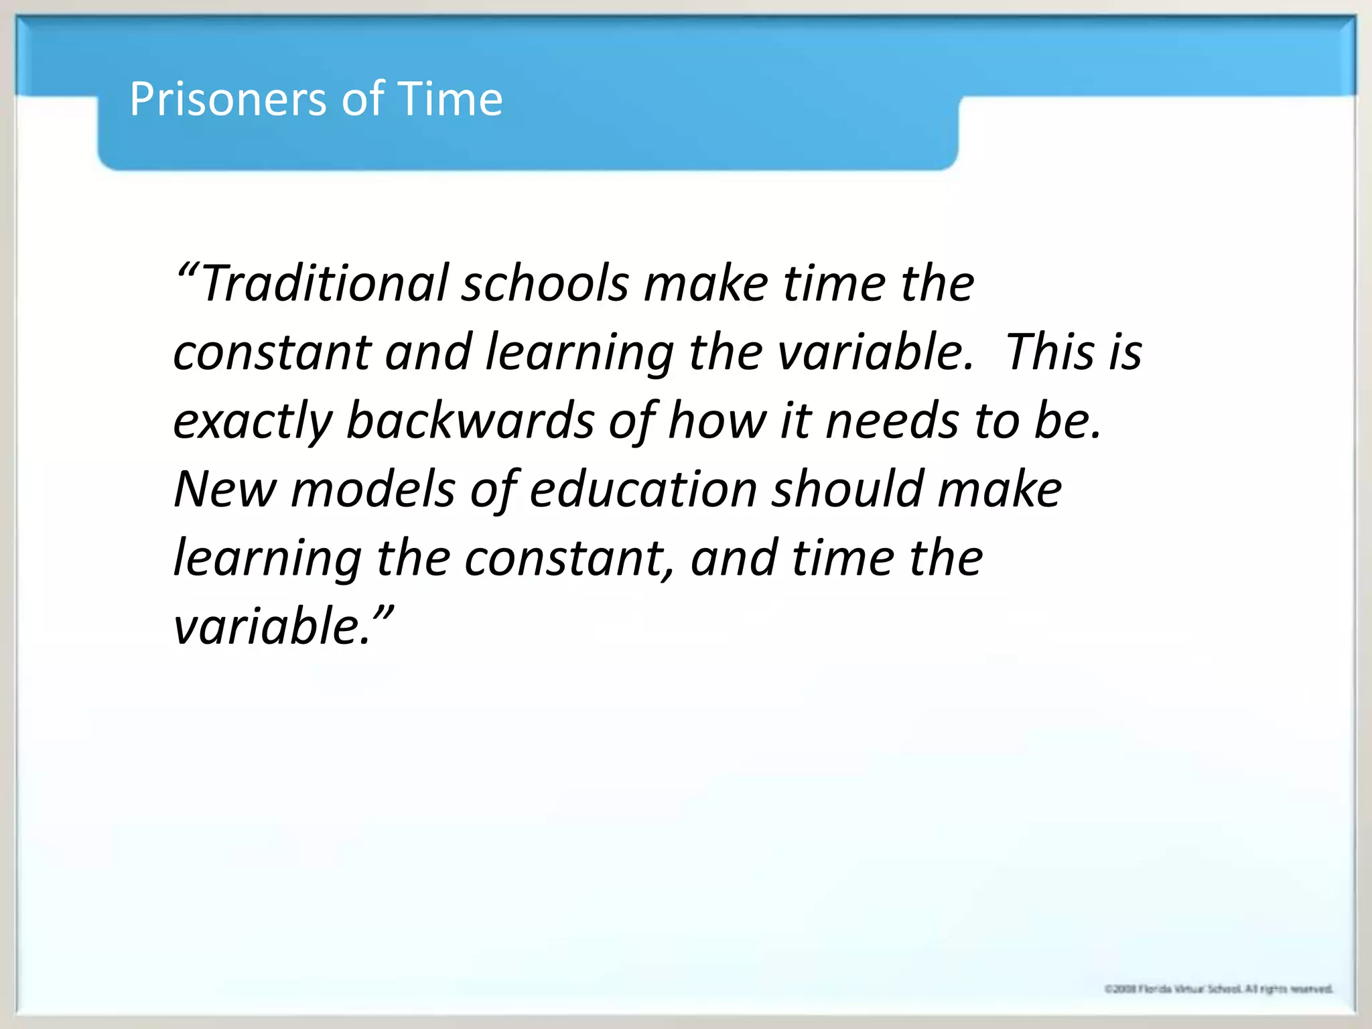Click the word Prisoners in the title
tap(228, 99)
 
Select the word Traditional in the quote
tap(324, 283)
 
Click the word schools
tap(545, 283)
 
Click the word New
tap(224, 489)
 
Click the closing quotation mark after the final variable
tap(383, 613)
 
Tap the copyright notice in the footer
tap(1219, 989)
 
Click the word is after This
tap(1125, 352)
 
